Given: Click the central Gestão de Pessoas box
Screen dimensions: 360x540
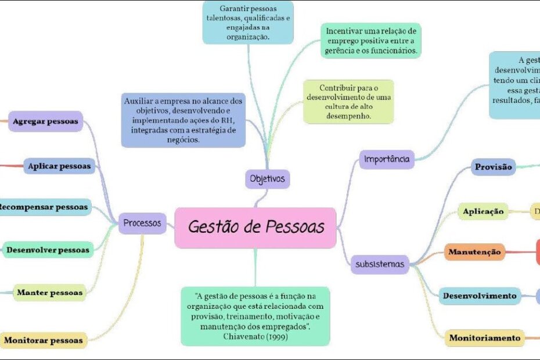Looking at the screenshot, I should (x=255, y=228).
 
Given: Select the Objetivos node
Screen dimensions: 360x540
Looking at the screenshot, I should (x=267, y=178).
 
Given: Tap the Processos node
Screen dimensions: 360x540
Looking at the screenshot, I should (x=143, y=222).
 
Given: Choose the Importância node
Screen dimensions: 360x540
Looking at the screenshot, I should (x=387, y=159).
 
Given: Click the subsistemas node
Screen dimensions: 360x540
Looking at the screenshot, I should (x=380, y=264).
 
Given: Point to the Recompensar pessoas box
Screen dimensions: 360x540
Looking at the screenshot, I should (x=43, y=207).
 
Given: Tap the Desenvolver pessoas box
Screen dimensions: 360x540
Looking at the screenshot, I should (x=48, y=250).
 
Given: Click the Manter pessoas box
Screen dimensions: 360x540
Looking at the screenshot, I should (x=49, y=293).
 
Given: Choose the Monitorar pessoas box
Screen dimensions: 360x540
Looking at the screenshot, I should (x=44, y=340).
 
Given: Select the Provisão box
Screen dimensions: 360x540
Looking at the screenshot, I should (x=494, y=167).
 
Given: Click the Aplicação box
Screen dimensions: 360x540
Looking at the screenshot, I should (x=483, y=212).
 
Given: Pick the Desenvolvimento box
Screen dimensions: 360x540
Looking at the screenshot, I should (x=480, y=296).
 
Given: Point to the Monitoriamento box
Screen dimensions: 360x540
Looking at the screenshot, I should (x=485, y=337).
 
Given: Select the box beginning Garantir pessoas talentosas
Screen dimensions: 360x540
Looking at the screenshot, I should (x=248, y=22).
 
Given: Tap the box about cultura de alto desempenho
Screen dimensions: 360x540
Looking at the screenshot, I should (x=348, y=102).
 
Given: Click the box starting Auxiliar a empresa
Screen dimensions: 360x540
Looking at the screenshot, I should (x=183, y=120).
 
